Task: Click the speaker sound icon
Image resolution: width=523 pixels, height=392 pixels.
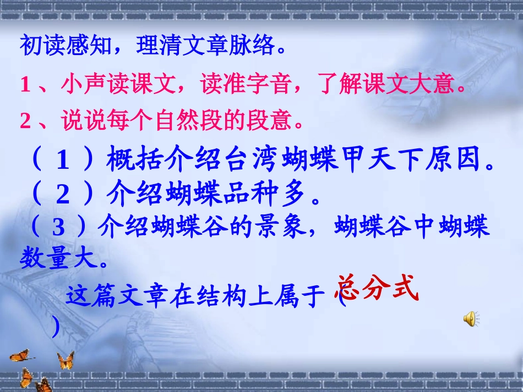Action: click(471, 318)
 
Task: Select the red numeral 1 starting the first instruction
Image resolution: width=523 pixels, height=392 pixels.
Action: click(24, 85)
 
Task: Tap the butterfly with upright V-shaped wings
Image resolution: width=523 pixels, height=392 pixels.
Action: click(66, 360)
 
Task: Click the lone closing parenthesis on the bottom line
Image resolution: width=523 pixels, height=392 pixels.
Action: click(55, 327)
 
